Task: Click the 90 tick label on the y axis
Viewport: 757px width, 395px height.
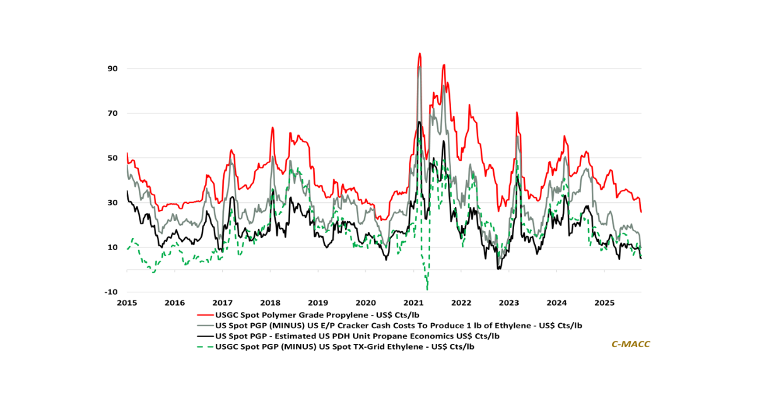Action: point(112,68)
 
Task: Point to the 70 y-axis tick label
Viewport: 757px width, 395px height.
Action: point(112,113)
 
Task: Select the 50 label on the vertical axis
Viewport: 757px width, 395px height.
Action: point(112,157)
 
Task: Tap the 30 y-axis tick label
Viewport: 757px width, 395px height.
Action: point(112,202)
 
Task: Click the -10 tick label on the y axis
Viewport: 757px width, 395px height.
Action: point(111,292)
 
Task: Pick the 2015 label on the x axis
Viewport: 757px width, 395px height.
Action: point(127,302)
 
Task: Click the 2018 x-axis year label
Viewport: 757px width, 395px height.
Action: point(270,302)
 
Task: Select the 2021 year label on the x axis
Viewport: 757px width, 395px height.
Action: point(413,302)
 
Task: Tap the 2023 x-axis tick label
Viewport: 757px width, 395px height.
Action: point(509,302)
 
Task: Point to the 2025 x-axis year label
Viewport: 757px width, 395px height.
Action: point(604,302)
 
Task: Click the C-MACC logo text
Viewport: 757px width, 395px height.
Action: point(630,344)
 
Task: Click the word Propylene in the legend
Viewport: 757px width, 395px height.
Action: point(343,314)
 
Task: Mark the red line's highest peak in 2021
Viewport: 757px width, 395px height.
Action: point(420,54)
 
